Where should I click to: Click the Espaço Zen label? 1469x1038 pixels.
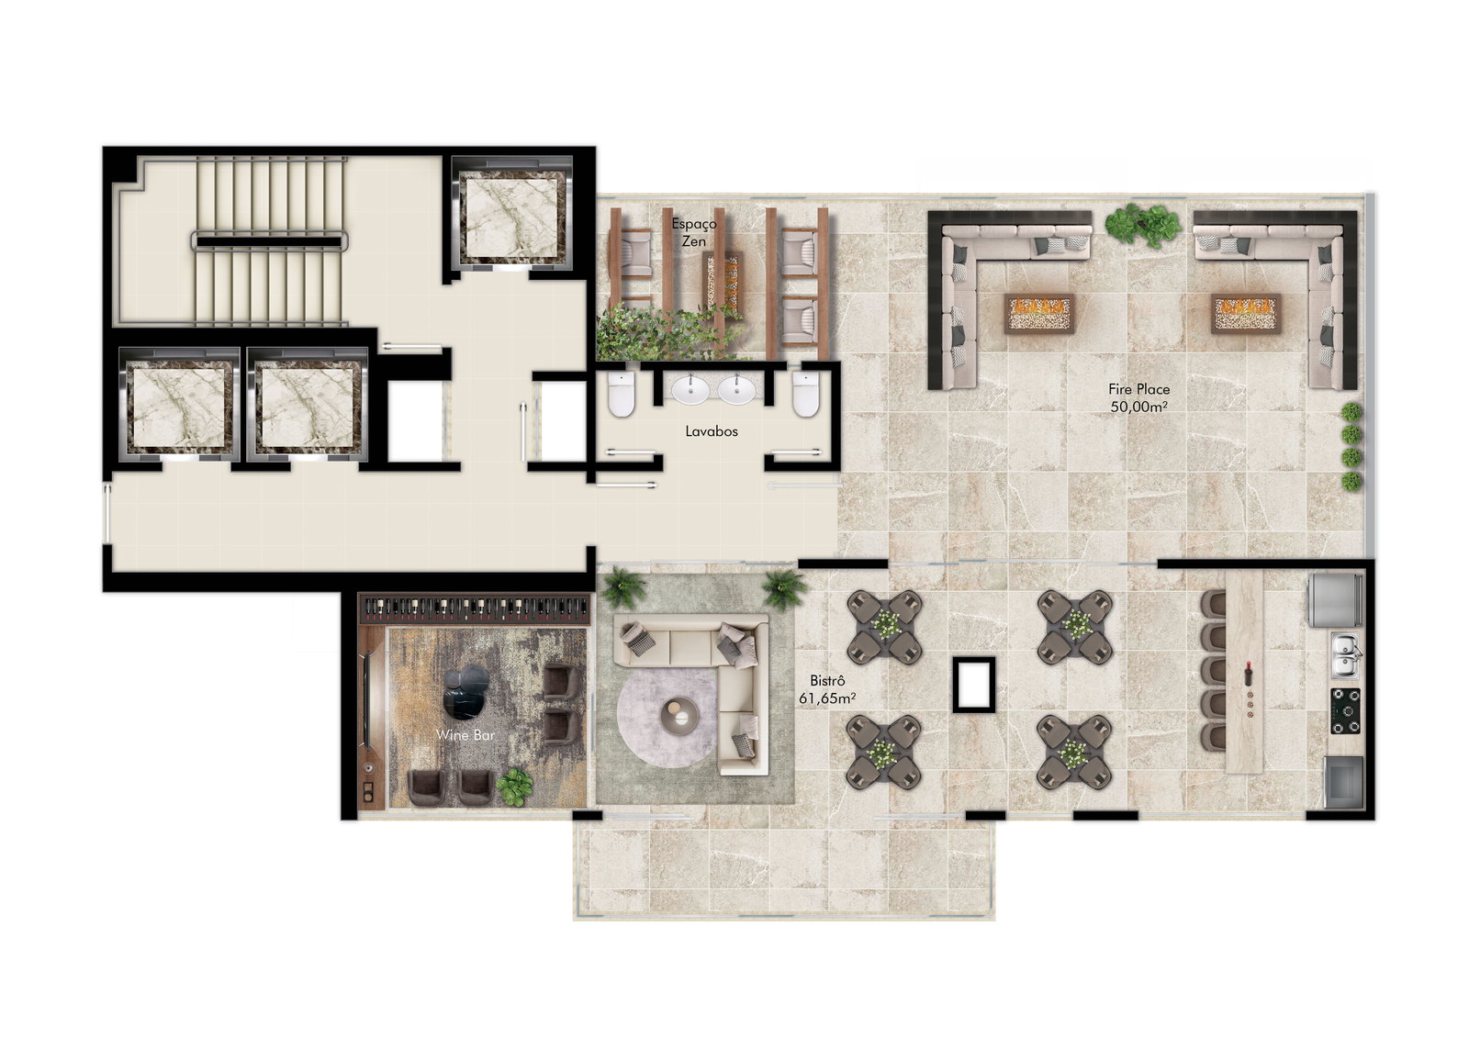point(694,232)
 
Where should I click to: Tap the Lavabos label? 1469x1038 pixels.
point(712,431)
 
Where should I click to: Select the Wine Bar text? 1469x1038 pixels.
point(465,735)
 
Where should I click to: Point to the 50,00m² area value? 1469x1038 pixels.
point(1138,407)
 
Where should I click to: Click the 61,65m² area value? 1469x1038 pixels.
point(827,698)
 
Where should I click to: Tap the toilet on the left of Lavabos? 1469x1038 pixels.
point(621,395)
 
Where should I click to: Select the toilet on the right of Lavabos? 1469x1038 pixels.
point(806,395)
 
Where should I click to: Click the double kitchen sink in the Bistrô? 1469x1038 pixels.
point(1344,655)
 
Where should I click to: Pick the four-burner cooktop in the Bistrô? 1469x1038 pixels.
point(1345,710)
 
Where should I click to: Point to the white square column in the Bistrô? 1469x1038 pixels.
point(974,685)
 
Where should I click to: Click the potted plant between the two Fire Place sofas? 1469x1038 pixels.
point(1142,224)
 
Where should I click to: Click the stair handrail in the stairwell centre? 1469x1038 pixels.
point(269,241)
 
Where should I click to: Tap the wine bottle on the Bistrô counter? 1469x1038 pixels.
point(1248,674)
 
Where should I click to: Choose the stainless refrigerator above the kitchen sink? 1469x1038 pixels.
point(1336,599)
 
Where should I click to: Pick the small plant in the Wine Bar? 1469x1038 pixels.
point(514,787)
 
